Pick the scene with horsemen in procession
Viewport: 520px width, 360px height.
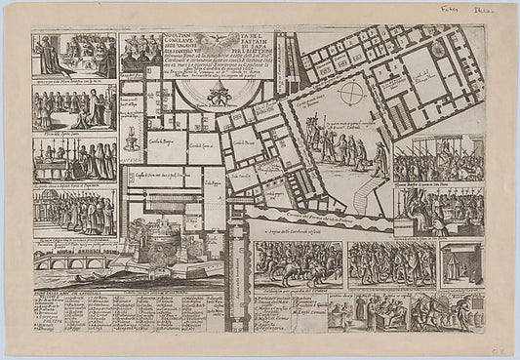click(298, 264)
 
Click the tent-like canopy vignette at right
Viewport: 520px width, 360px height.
click(460, 263)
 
